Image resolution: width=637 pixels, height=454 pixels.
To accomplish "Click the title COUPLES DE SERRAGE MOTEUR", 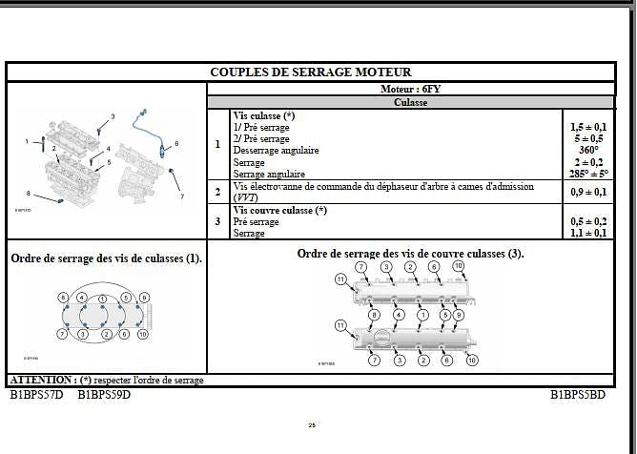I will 311,72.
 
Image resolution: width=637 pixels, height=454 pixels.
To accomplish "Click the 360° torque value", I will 587,150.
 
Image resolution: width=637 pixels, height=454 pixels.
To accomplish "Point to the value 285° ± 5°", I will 587,174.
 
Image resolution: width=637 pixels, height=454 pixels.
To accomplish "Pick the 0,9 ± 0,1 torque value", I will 587,192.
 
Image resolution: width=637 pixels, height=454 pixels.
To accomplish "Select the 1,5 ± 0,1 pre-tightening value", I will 587,127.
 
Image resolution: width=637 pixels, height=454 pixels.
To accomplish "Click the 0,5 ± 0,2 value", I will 587,221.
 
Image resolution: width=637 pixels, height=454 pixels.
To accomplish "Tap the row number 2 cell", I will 217,192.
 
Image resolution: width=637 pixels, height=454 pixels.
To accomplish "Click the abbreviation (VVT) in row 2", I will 245,196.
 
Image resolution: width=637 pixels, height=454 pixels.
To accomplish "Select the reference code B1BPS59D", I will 104,393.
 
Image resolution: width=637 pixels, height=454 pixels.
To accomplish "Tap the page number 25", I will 312,425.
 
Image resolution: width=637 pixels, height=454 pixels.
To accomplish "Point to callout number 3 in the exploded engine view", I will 113,116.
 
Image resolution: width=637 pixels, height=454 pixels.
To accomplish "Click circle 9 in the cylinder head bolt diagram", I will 145,299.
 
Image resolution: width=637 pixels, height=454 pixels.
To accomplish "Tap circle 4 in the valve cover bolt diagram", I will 398,315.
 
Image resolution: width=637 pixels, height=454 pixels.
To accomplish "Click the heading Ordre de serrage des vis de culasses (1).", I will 106,258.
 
